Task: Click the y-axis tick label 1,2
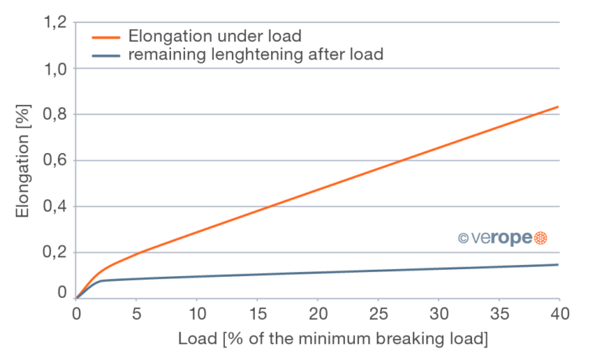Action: click(x=56, y=24)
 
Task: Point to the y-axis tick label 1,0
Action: click(x=56, y=69)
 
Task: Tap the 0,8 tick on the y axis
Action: click(x=56, y=115)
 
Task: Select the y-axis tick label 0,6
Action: click(x=56, y=161)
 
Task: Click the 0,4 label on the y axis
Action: click(x=56, y=206)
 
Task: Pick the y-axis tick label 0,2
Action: click(x=56, y=253)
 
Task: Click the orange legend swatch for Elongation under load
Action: click(x=106, y=36)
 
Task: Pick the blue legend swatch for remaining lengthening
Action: click(x=106, y=55)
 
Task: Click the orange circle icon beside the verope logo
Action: click(x=539, y=238)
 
